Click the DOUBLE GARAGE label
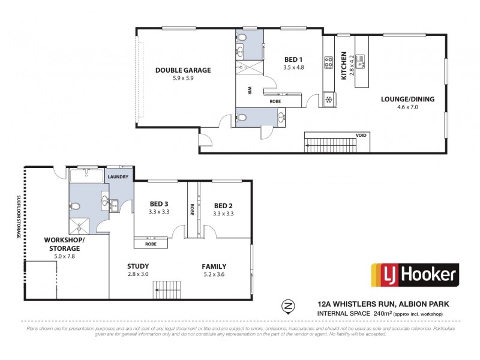pos(183,70)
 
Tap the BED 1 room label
pos(293,59)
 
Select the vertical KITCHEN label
pos(344,66)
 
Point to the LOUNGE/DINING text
pos(408,100)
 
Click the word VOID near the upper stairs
pos(361,136)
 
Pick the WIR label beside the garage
pos(248,91)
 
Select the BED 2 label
pos(224,205)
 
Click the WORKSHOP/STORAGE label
pos(64,243)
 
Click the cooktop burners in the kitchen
pos(329,62)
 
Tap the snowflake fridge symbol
pos(329,99)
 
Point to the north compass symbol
pos(288,307)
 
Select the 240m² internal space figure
pos(382,313)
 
